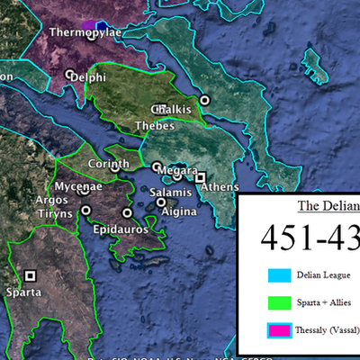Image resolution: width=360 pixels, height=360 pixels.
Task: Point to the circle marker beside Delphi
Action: coord(70,74)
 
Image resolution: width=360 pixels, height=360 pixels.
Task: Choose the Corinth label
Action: coord(108,164)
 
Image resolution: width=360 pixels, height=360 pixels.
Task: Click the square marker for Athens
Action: coord(201,177)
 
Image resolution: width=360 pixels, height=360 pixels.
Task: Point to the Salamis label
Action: coord(170,193)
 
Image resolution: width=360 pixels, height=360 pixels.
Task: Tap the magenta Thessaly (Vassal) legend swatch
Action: coord(277,330)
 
